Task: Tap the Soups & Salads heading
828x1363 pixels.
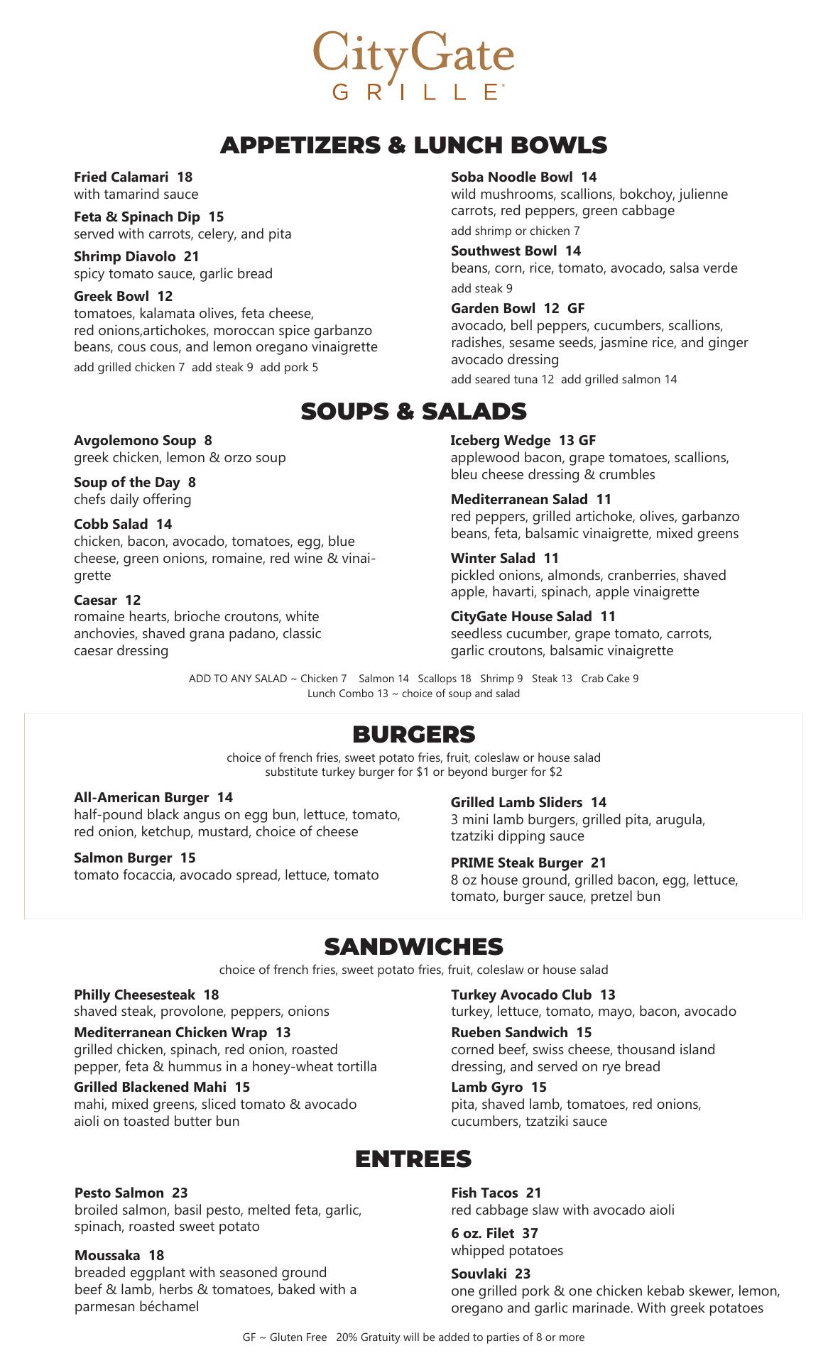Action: point(413,412)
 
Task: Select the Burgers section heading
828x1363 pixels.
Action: point(413,734)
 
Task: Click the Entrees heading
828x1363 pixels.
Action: point(413,1159)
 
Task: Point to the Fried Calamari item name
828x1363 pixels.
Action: point(121,177)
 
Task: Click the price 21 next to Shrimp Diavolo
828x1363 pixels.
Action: point(191,256)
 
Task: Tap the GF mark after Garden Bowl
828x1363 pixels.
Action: point(576,308)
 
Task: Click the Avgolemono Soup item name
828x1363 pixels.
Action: point(134,441)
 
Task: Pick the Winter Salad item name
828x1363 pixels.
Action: point(493,558)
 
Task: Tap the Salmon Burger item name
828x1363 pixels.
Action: point(122,858)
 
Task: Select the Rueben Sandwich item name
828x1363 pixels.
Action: point(509,1032)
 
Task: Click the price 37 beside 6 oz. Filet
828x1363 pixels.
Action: point(530,1233)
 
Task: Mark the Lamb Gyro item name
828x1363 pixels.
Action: point(486,1087)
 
